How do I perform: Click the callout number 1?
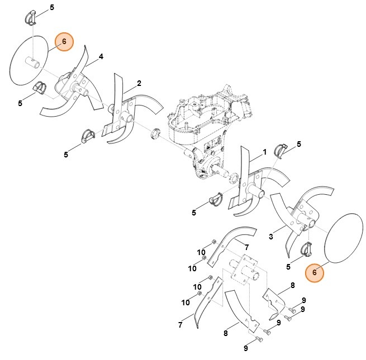[x=265, y=152]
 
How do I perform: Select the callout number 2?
[x=139, y=83]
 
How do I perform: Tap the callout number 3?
[x=271, y=237]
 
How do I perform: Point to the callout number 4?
[x=101, y=56]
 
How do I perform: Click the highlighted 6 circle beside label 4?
[x=64, y=41]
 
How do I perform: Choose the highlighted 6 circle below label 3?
[x=315, y=272]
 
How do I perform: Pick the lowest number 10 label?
[x=185, y=303]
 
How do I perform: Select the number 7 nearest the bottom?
[x=180, y=325]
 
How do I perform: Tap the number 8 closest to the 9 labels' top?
[x=292, y=285]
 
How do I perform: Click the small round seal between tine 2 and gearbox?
[x=156, y=134]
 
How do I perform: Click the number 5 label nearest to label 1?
[x=298, y=144]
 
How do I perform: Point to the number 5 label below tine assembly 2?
[x=66, y=154]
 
